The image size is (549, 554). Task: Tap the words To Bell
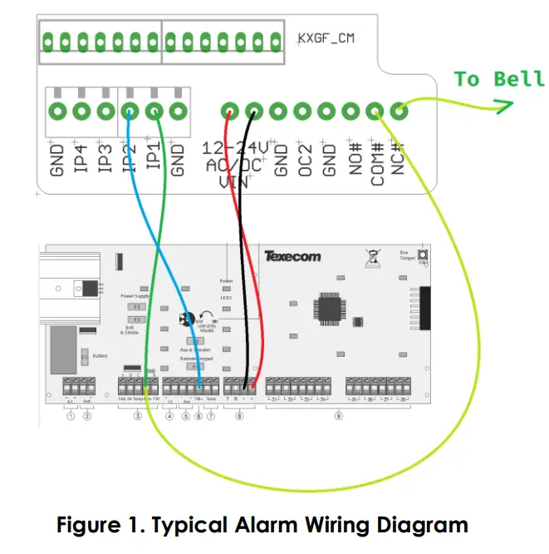pyautogui.click(x=498, y=79)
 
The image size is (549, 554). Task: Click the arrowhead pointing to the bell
pyautogui.click(x=502, y=106)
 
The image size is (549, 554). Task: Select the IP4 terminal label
pyautogui.click(x=81, y=158)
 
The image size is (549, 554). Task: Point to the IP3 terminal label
pyautogui.click(x=105, y=158)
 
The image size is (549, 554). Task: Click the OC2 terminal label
pyautogui.click(x=304, y=158)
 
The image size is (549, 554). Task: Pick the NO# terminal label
pyautogui.click(x=353, y=158)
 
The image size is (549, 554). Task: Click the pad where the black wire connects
pyautogui.click(x=254, y=111)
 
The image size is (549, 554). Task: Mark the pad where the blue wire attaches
pyautogui.click(x=130, y=111)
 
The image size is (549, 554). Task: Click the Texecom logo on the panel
pyautogui.click(x=292, y=256)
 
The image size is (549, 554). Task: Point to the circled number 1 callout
pyautogui.click(x=71, y=416)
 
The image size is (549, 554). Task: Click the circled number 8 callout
pyautogui.click(x=240, y=416)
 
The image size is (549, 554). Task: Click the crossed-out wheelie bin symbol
pyautogui.click(x=371, y=256)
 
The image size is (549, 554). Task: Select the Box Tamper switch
pyautogui.click(x=423, y=255)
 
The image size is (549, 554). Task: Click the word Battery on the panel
pyautogui.click(x=100, y=356)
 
